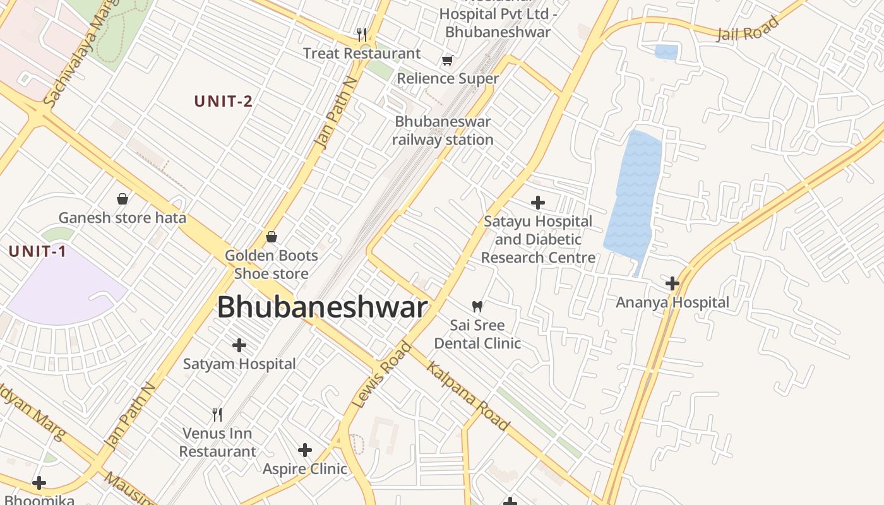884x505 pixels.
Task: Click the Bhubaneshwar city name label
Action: (322, 308)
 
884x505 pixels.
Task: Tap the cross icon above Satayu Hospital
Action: (538, 203)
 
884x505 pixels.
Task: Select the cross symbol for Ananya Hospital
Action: (672, 283)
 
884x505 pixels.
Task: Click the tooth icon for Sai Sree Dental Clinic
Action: (477, 307)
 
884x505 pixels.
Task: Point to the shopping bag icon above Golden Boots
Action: (272, 237)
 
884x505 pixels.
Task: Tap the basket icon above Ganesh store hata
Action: (122, 199)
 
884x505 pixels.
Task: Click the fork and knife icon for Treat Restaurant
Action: (362, 34)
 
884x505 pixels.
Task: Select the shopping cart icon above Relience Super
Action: (448, 61)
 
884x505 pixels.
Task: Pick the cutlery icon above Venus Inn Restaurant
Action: (217, 415)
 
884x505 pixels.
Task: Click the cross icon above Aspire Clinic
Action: (305, 450)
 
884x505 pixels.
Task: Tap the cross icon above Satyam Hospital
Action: (239, 345)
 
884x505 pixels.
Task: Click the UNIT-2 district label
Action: (224, 101)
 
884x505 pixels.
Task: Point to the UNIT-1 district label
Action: (38, 251)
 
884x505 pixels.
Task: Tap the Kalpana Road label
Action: (468, 396)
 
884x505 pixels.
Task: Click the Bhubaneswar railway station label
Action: (442, 131)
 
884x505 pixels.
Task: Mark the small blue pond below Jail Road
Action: (666, 52)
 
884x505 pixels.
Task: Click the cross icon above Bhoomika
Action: (39, 483)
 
